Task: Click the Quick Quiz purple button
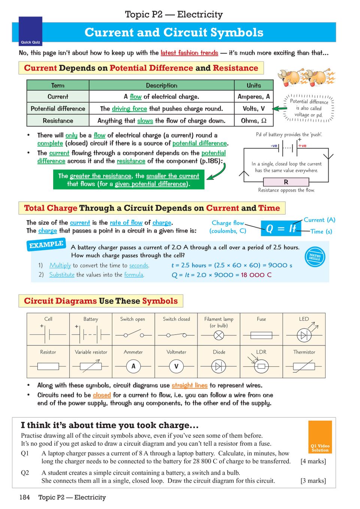pyautogui.click(x=30, y=31)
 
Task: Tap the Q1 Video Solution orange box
pyautogui.click(x=320, y=437)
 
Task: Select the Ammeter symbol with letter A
pyautogui.click(x=133, y=366)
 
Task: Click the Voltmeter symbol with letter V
pyautogui.click(x=176, y=366)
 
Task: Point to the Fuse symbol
pyautogui.click(x=261, y=335)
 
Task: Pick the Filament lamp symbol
pyautogui.click(x=219, y=335)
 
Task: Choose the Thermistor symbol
pyautogui.click(x=304, y=366)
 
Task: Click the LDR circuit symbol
pyautogui.click(x=261, y=366)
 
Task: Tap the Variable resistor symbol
pyautogui.click(x=91, y=366)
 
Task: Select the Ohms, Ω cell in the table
pyautogui.click(x=254, y=121)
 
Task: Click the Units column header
pyautogui.click(x=254, y=85)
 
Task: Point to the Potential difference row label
pyautogui.click(x=58, y=109)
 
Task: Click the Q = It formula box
pyautogui.click(x=281, y=228)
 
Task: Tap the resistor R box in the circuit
pyautogui.click(x=286, y=182)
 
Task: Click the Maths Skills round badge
pyautogui.click(x=315, y=257)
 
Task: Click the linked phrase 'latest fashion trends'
pyautogui.click(x=189, y=53)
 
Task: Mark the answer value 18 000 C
pyautogui.click(x=256, y=275)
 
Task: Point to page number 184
pyautogui.click(x=24, y=497)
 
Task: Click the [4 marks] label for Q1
pyautogui.click(x=313, y=461)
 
